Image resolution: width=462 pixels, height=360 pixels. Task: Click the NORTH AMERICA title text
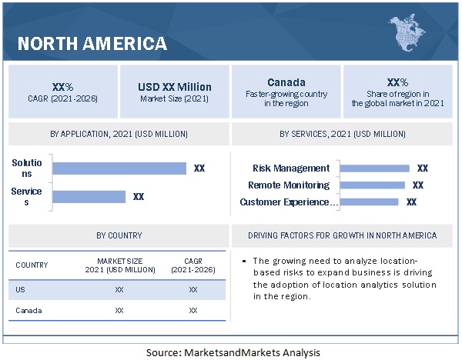92,43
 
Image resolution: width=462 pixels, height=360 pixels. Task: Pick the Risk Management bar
374,168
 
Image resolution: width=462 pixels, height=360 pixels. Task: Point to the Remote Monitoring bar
372,185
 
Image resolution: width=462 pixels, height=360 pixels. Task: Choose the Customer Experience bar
369,202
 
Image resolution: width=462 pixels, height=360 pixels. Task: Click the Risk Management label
291,168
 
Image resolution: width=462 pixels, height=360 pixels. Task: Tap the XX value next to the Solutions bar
199,168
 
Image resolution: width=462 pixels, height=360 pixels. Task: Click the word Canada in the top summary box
286,82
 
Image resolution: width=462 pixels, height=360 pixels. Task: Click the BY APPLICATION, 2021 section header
119,134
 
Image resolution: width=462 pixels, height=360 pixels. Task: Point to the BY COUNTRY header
119,235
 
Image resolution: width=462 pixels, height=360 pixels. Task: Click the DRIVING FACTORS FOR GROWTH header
343,235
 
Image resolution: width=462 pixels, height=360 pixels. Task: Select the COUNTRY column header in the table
32,265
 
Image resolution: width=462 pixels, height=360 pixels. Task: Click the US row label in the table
21,290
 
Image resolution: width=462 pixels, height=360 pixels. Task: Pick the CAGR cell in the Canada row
192,310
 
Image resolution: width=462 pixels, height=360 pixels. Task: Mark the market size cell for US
119,290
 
